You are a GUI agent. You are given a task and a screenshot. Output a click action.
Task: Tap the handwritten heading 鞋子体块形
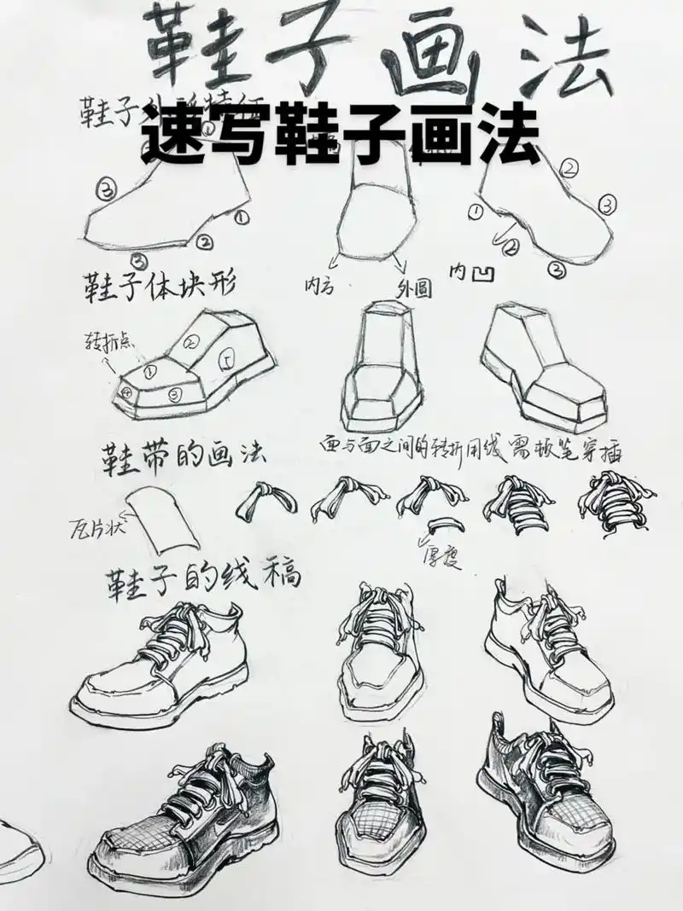(158, 283)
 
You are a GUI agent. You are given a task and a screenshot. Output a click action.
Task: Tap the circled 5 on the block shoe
(227, 357)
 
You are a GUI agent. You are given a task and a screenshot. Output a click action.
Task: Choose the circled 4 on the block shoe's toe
(127, 393)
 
